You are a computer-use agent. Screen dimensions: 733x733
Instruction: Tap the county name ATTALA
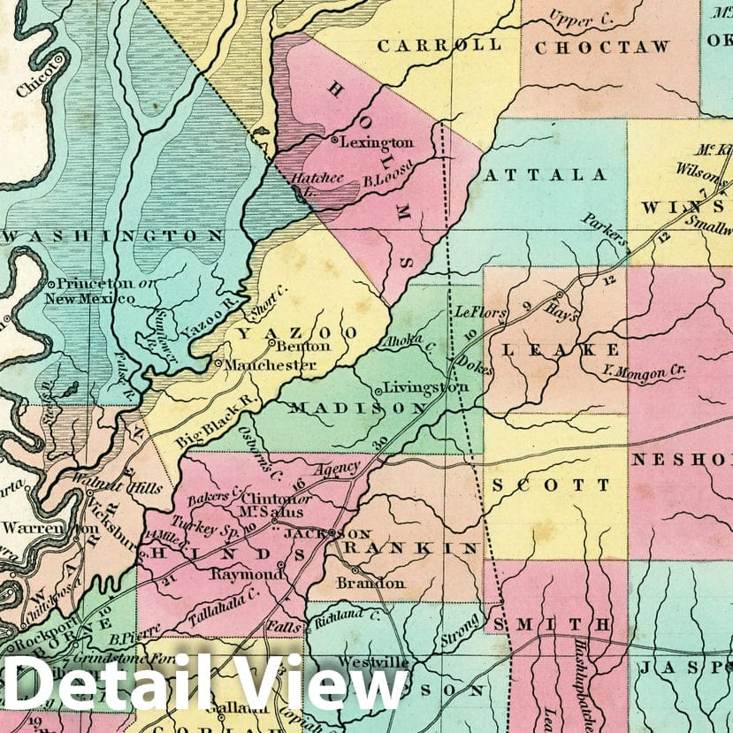545,175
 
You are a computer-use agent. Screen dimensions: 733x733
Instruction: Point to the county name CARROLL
439,44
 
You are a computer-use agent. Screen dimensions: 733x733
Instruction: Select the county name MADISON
358,408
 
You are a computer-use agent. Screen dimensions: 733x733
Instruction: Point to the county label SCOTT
551,485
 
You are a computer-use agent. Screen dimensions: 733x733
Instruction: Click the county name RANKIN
411,548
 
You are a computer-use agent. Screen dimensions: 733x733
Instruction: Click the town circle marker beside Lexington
334,140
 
